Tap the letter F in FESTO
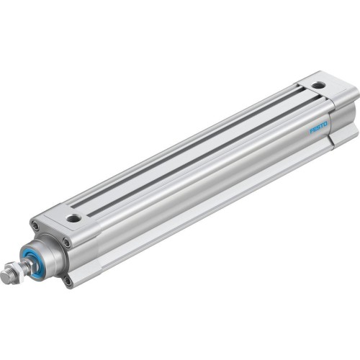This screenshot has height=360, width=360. click(x=312, y=132)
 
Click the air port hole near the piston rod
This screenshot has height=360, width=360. click(x=73, y=217)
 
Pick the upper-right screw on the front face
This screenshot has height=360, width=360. click(x=67, y=243)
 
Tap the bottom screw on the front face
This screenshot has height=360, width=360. click(x=68, y=282)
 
